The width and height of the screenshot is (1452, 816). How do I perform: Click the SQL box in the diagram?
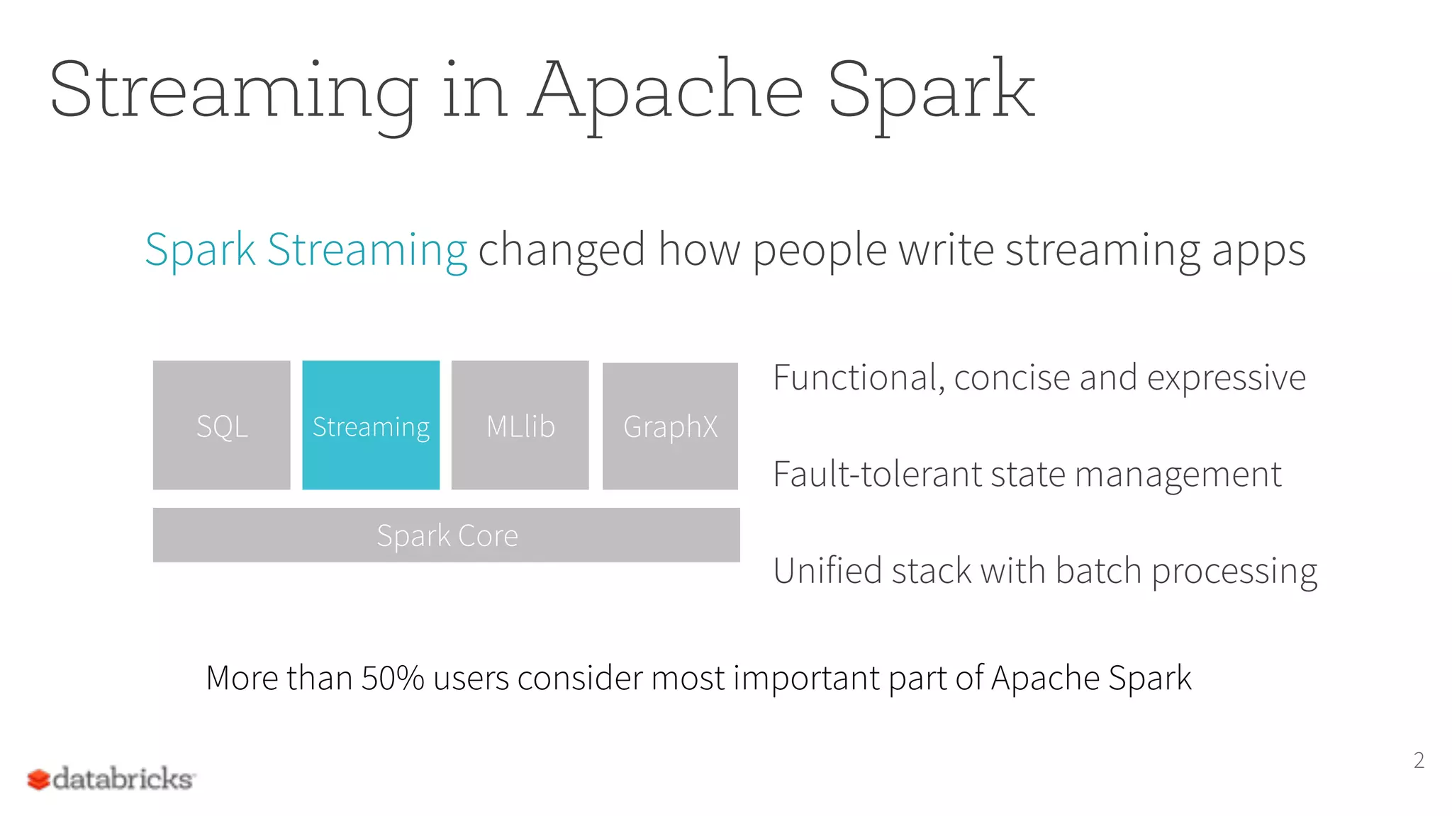tap(221, 425)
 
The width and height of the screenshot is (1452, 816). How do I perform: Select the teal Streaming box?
tap(371, 425)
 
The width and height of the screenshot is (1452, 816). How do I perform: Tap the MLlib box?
tap(520, 425)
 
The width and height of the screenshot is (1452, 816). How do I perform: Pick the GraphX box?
tap(670, 426)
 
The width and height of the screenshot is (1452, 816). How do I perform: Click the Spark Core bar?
tap(446, 535)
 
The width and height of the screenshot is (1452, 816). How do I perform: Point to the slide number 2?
tap(1418, 760)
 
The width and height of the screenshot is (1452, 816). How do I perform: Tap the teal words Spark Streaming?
tap(306, 249)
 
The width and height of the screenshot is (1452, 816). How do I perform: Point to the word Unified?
tap(827, 570)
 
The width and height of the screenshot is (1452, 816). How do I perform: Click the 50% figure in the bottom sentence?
tap(392, 678)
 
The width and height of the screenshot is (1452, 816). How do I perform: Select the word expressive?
tap(1226, 378)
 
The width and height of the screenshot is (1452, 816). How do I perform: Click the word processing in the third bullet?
tap(1234, 571)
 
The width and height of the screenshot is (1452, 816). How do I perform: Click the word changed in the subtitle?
tap(562, 249)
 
